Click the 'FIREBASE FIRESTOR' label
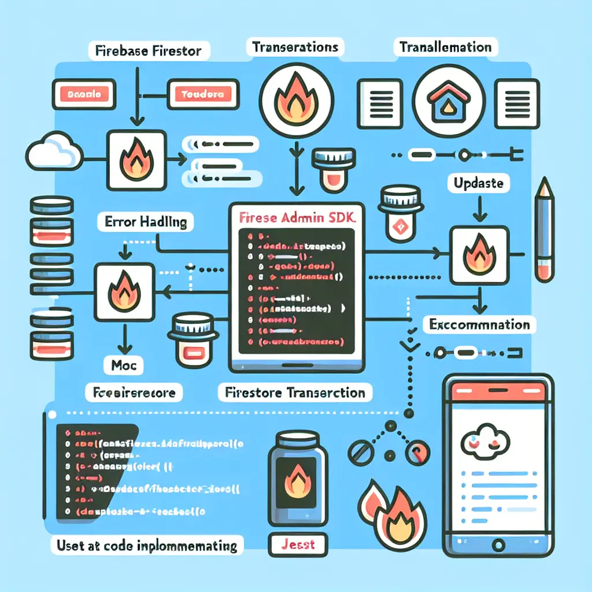click(147, 50)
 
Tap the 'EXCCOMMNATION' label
click(480, 324)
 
